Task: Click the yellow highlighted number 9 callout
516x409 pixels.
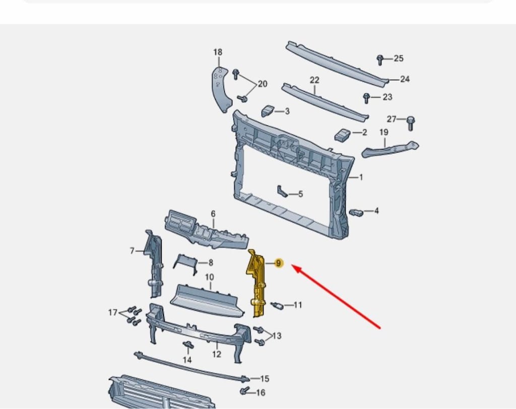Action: click(278, 263)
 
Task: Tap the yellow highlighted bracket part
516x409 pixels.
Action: click(256, 283)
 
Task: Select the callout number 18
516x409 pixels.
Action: click(218, 52)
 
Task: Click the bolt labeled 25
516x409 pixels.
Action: click(380, 60)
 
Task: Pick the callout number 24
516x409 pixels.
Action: click(405, 79)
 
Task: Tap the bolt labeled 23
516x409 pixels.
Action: click(366, 98)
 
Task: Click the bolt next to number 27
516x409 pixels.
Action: click(410, 123)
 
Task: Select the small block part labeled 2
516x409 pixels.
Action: click(342, 135)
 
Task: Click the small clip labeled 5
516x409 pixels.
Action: click(282, 191)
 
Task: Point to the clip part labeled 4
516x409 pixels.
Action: click(356, 212)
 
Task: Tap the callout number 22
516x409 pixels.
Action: click(314, 80)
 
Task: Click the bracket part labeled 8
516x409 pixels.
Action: click(185, 264)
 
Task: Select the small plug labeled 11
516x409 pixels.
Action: click(277, 306)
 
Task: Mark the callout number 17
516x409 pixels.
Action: click(113, 312)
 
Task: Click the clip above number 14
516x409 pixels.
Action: click(188, 345)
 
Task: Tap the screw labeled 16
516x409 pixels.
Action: click(244, 391)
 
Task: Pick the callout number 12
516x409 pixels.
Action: click(217, 355)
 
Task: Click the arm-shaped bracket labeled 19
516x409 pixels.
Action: click(391, 149)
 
